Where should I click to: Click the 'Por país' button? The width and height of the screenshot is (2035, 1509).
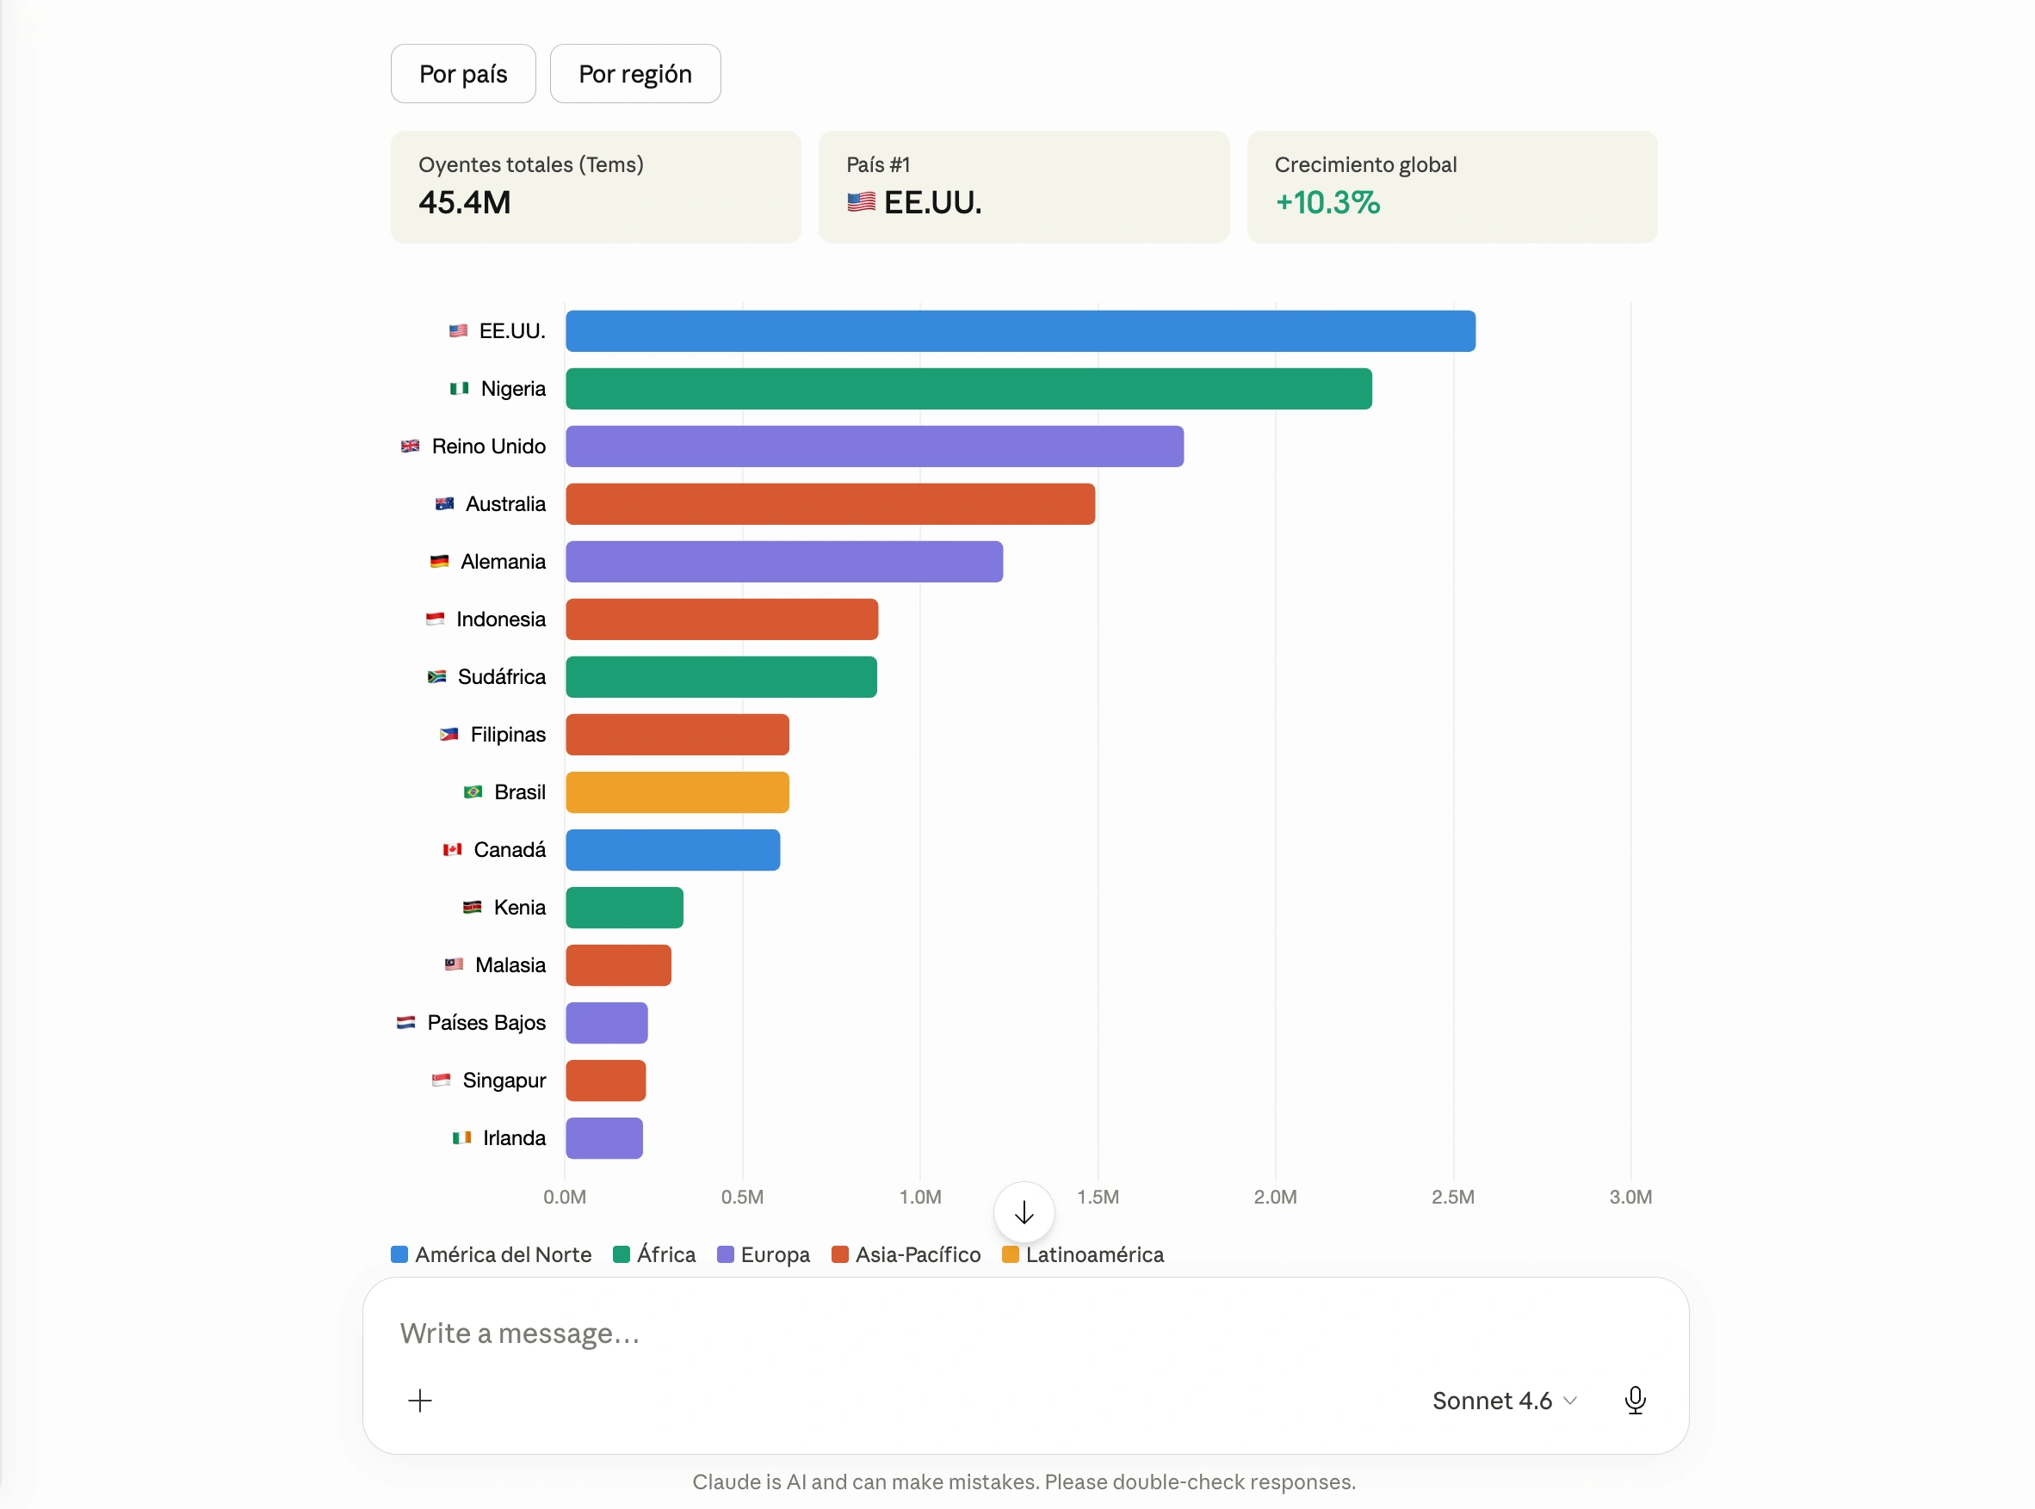pos(462,74)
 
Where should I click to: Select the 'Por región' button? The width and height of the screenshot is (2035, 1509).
pos(635,74)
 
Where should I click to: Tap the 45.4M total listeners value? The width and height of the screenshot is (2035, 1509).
pos(464,203)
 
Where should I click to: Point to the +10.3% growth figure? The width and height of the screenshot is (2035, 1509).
pos(1327,203)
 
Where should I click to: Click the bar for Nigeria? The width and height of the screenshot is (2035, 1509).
pos(968,389)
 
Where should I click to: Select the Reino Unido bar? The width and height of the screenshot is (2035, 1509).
pos(875,447)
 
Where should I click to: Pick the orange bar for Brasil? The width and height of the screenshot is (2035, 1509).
pos(677,793)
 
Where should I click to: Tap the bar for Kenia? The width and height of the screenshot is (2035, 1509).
pos(624,908)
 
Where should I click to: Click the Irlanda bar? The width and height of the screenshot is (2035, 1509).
pos(604,1139)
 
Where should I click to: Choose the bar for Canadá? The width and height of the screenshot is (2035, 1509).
pos(672,850)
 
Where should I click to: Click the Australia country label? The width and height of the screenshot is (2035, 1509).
pos(505,504)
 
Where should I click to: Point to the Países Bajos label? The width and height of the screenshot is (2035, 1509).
pos(486,1023)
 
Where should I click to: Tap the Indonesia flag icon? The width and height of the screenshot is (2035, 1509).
pos(435,619)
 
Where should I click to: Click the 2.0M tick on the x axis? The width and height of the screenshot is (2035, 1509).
pos(1275,1198)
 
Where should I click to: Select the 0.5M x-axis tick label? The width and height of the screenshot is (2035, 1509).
pos(742,1198)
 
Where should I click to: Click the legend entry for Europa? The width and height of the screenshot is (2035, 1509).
pos(764,1255)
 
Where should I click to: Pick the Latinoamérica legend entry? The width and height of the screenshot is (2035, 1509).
pos(1083,1255)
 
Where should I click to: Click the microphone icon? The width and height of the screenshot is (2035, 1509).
pos(1636,1401)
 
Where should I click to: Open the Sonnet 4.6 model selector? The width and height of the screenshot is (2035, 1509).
pos(1504,1401)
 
